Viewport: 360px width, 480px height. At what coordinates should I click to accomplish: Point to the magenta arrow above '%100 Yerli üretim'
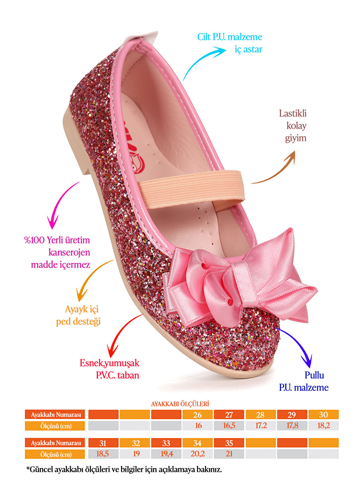[60, 205]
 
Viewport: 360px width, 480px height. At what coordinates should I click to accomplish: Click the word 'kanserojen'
[69, 252]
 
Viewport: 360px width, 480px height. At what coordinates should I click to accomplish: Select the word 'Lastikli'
[293, 113]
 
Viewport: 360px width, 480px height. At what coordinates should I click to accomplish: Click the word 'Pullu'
[314, 375]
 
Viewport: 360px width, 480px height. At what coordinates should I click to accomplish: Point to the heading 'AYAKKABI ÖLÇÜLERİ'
[180, 404]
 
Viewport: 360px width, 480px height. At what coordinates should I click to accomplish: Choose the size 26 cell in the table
[198, 415]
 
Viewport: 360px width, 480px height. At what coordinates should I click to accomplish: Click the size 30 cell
[323, 415]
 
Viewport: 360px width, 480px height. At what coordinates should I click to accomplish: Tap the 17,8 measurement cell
[292, 426]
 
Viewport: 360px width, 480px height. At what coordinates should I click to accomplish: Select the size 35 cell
[229, 443]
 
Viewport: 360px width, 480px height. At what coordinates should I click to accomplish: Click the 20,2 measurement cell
[198, 454]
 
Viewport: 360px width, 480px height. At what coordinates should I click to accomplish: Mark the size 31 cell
[103, 443]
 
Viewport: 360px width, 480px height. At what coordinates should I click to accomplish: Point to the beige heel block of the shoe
[76, 141]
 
